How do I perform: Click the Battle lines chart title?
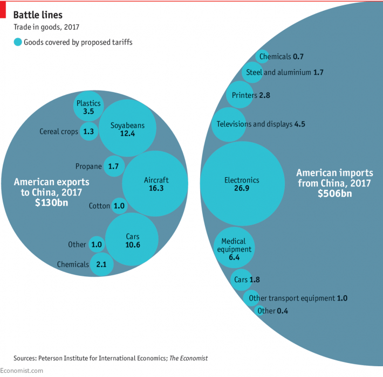pos(38,15)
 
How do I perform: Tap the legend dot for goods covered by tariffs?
pos(18,42)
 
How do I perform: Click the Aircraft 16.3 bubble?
pos(155,184)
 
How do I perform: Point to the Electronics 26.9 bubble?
pos(242,184)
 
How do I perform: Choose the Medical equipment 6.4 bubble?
pos(234,249)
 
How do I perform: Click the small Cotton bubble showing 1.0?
pos(119,206)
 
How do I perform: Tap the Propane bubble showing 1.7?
pos(113,166)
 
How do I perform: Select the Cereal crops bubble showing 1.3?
pos(88,131)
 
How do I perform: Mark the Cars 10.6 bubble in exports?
pos(132,239)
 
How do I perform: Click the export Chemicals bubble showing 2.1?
pos(101,264)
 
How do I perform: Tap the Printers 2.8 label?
pos(251,95)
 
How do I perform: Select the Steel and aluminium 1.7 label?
pos(284,72)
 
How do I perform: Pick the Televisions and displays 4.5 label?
pos(261,124)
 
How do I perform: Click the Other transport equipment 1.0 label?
pos(297,298)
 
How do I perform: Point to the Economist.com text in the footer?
pos(22,371)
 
